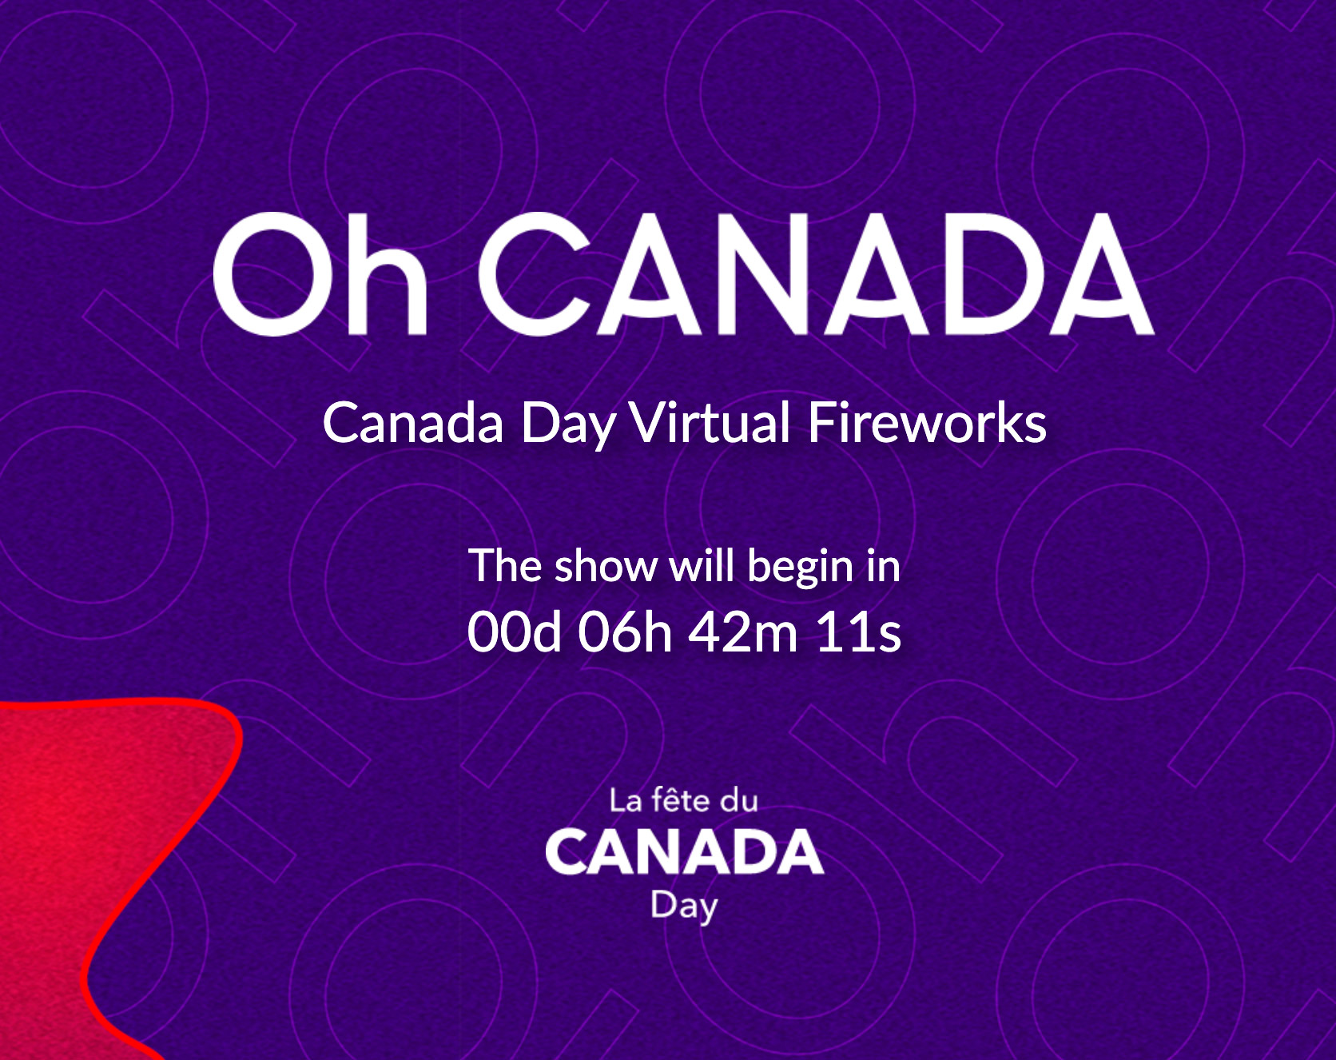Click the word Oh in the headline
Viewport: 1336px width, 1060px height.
pos(320,273)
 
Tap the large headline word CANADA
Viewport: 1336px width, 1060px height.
pos(817,273)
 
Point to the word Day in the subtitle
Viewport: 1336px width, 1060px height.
pos(568,424)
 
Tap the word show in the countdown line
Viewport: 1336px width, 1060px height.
pos(605,566)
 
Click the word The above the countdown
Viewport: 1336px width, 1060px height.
pos(505,566)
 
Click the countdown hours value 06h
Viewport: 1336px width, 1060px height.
pos(626,632)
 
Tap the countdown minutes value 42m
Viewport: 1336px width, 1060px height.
pos(743,632)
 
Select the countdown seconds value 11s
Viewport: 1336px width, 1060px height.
pos(858,632)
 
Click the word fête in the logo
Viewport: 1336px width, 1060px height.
pos(680,799)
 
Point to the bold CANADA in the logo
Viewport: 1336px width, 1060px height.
pos(684,851)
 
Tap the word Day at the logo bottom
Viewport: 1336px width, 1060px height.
pos(684,907)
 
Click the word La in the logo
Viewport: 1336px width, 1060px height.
pos(626,800)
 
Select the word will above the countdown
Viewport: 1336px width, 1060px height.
pos(702,566)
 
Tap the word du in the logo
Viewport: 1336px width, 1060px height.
pos(739,800)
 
